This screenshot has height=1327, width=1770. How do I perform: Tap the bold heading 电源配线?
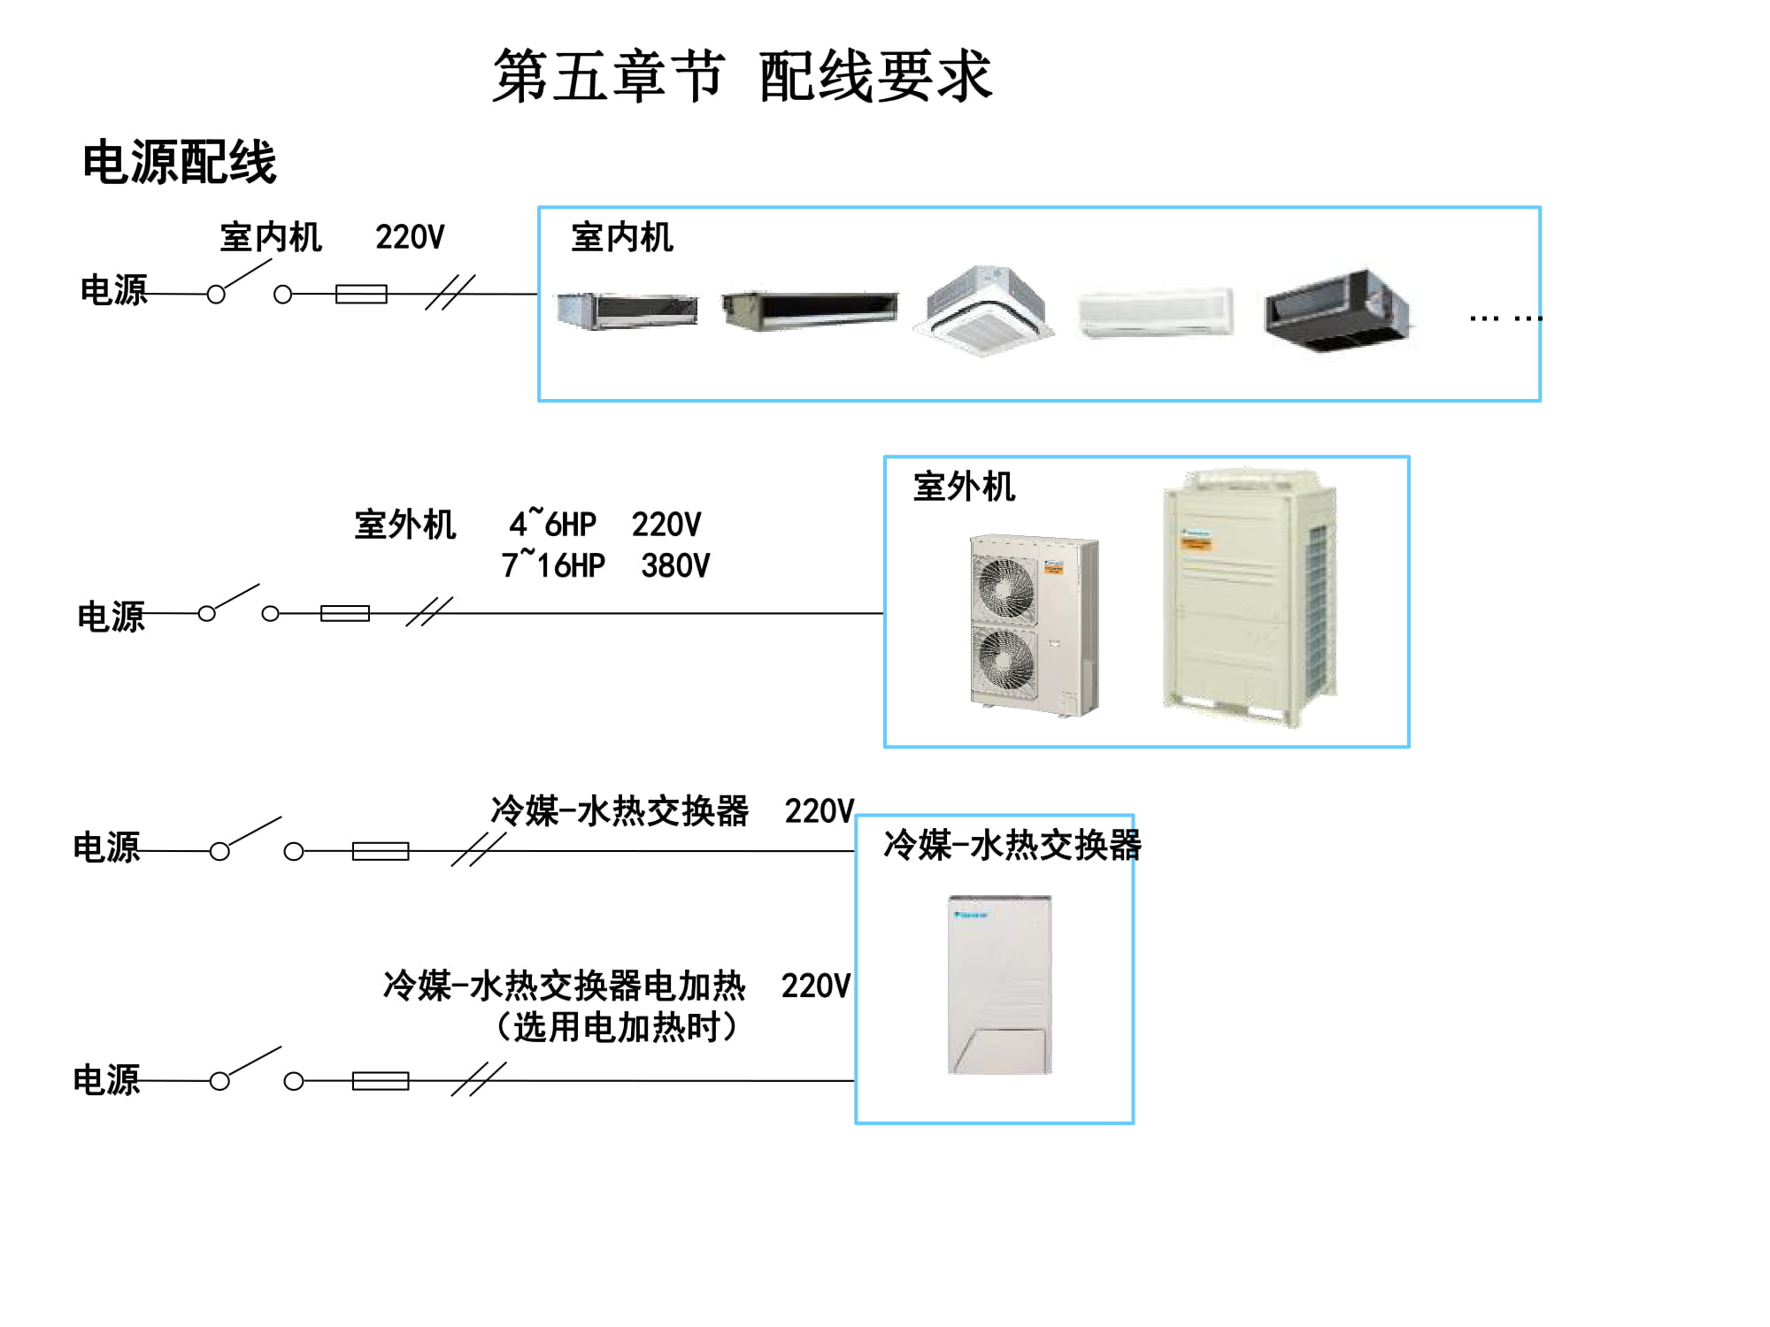(x=180, y=163)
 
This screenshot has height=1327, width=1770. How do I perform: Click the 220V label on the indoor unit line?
(x=410, y=237)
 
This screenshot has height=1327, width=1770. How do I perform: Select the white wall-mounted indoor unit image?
(x=1155, y=312)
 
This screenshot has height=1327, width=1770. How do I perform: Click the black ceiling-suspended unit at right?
(x=1336, y=310)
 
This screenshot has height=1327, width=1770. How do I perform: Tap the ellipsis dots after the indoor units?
(x=1504, y=318)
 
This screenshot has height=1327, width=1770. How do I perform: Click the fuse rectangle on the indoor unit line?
(x=361, y=294)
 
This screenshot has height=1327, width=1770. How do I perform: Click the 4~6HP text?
(x=552, y=525)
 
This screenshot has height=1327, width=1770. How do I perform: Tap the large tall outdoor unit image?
(x=1248, y=597)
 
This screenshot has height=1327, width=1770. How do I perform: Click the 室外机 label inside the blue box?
(x=964, y=487)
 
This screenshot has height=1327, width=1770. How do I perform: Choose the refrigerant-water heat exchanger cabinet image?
(x=999, y=985)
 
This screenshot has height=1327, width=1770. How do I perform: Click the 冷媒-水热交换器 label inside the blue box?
(x=1012, y=845)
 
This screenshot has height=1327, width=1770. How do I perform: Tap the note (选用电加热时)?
(x=617, y=1027)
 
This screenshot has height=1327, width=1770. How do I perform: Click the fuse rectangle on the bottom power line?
(x=381, y=1080)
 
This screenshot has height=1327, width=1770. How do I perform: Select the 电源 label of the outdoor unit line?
(x=111, y=617)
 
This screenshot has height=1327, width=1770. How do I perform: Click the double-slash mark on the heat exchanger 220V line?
(x=478, y=850)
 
